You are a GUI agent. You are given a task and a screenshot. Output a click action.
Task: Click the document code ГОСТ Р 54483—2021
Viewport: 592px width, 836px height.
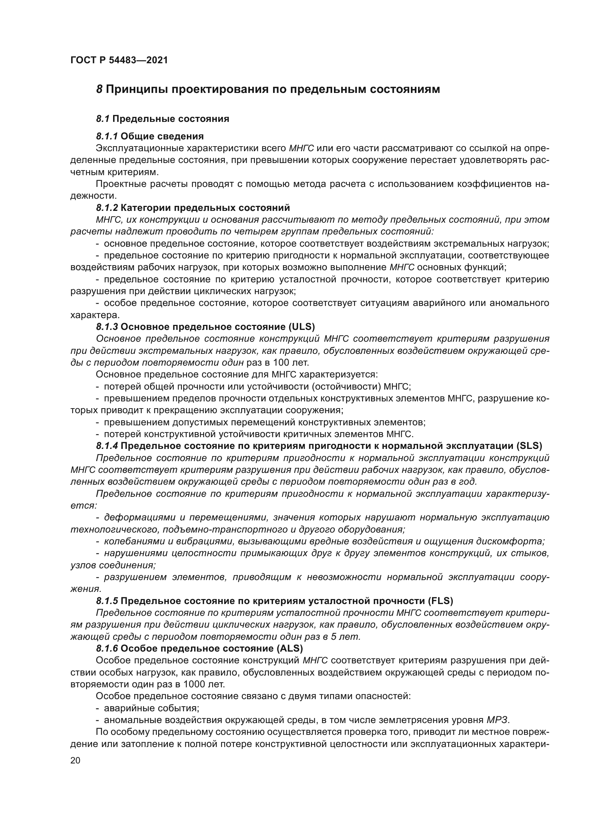pyautogui.click(x=119, y=60)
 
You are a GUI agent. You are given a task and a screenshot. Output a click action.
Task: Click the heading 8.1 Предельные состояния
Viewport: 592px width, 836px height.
pyautogui.click(x=162, y=119)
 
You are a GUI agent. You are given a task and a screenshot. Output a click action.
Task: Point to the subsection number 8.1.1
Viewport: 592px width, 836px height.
pyautogui.click(x=107, y=137)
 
